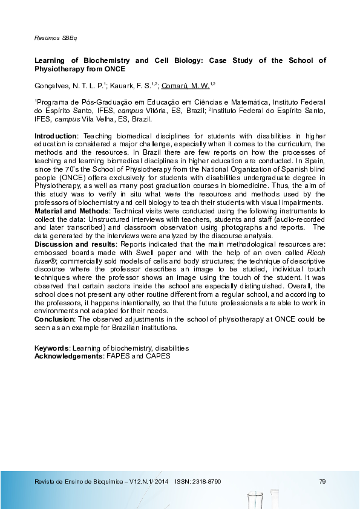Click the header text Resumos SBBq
point(51,37)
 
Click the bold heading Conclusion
point(53,319)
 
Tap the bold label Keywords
point(51,349)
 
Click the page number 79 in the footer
point(322,481)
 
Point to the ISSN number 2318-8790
point(206,481)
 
